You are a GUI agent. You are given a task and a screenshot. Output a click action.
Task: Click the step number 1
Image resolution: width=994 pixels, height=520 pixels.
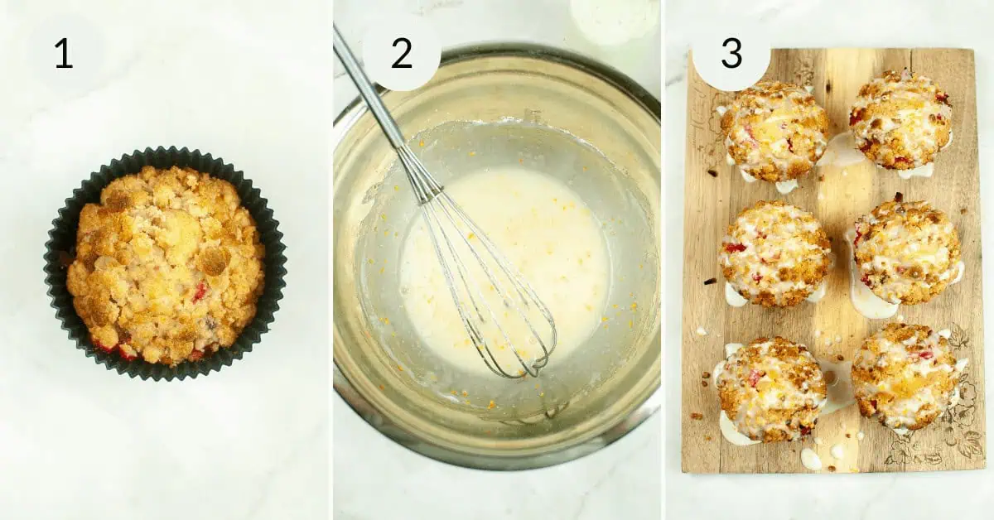(63, 53)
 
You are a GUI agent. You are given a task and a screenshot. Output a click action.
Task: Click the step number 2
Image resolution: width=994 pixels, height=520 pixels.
(401, 53)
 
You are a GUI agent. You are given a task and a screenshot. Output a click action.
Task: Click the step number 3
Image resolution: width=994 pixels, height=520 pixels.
(731, 53)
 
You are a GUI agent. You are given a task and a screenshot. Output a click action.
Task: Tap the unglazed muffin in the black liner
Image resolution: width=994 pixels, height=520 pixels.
(166, 265)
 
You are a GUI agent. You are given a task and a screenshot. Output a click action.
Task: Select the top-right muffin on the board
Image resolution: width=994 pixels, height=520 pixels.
(900, 120)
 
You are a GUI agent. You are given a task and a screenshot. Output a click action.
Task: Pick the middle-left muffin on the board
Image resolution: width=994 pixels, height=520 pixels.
(774, 253)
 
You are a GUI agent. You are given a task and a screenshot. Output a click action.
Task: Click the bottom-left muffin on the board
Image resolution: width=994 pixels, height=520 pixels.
(770, 389)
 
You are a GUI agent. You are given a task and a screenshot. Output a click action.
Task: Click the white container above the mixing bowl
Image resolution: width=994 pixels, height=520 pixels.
(613, 18)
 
